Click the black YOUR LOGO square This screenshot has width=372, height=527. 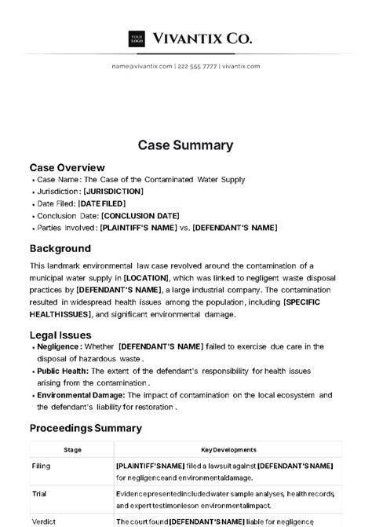[137, 38]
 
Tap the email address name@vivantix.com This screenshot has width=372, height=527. [141, 66]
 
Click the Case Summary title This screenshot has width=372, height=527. [185, 145]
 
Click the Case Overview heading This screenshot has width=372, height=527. [67, 167]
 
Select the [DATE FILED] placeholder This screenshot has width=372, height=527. [101, 203]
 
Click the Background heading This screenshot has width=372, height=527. [60, 248]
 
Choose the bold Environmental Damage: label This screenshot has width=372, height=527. [82, 395]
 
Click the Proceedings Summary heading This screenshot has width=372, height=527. [86, 428]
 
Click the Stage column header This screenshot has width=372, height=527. [72, 450]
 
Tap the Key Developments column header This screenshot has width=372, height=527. [228, 450]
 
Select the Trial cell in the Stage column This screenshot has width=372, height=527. [39, 494]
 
